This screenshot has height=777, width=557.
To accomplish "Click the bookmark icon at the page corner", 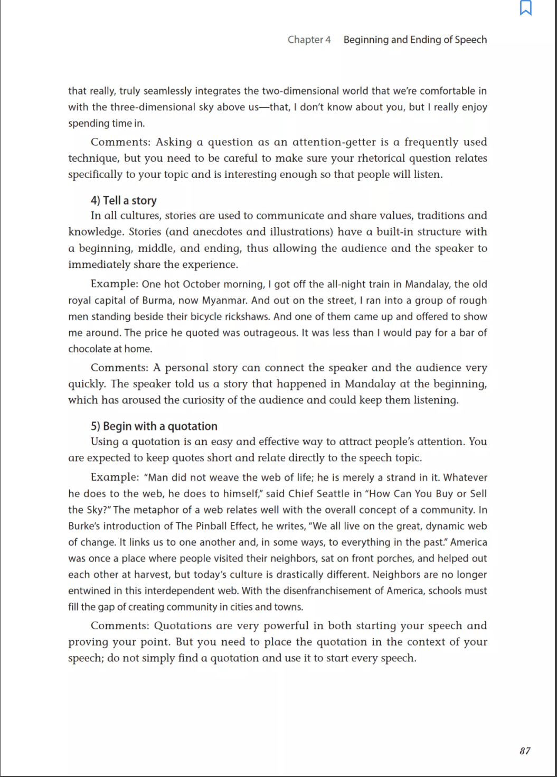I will [525, 8].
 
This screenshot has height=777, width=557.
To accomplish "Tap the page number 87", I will [525, 751].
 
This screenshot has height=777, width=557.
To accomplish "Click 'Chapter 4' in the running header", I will [309, 40].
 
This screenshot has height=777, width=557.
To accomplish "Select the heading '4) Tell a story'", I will [124, 201].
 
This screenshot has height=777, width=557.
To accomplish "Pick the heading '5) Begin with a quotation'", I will [154, 426].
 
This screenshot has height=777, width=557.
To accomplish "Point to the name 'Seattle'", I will [332, 494].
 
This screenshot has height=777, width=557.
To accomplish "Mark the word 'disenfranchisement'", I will [327, 591].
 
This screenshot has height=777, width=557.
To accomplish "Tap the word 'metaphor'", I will [160, 510].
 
